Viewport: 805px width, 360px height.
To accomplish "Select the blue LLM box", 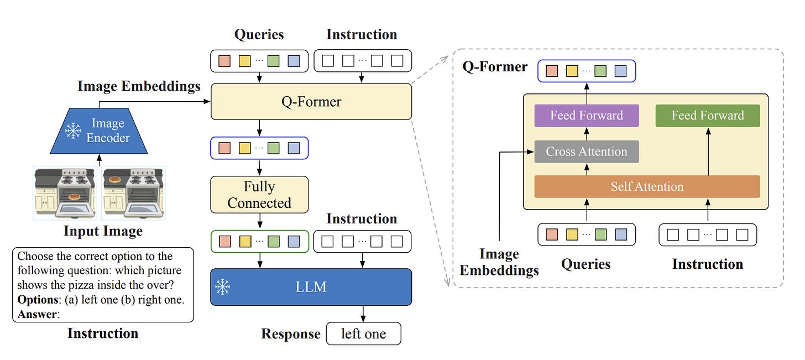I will point(311,286).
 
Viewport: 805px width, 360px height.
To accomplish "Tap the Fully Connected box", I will point(259,195).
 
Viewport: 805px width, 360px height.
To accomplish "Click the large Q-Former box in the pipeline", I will point(311,102).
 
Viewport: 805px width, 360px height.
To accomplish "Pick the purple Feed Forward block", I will point(587,116).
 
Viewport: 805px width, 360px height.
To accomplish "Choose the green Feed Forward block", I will point(708,116).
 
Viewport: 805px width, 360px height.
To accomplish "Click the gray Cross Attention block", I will point(587,152).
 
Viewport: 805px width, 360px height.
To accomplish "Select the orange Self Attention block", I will point(647,186).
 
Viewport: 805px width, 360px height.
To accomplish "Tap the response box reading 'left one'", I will point(363,334).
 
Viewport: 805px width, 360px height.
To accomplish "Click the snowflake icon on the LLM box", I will point(223,286).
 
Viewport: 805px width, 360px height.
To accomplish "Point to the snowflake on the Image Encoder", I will point(73,131).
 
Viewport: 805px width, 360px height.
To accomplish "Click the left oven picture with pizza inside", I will point(66,192).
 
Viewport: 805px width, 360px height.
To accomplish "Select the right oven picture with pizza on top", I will point(133,192).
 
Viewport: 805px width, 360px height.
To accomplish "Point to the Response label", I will point(291,334).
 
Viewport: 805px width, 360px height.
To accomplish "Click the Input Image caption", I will point(103,231).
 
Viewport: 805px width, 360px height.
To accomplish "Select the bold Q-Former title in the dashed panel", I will point(495,67).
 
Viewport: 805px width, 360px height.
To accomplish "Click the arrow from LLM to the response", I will point(363,314).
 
